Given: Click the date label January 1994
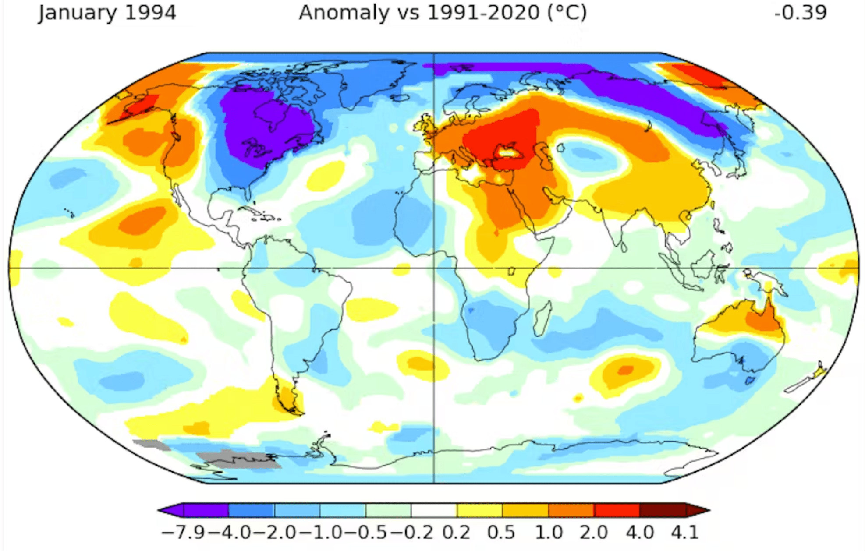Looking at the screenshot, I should [107, 12].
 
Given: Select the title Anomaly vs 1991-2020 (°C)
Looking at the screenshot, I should [443, 12].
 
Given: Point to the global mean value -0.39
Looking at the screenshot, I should [800, 12].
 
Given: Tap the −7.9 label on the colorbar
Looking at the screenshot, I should [183, 533].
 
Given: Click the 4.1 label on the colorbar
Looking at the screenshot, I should [684, 533].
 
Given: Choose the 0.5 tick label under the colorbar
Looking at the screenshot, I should [501, 533].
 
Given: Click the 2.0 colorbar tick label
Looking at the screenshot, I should [594, 533].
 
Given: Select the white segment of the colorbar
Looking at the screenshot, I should [434, 511].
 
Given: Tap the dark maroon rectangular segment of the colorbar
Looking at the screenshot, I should [662, 511].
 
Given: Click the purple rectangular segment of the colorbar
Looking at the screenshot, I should [206, 511].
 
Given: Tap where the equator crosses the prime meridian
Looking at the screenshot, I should [434, 268].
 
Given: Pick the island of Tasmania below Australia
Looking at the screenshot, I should [750, 380].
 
